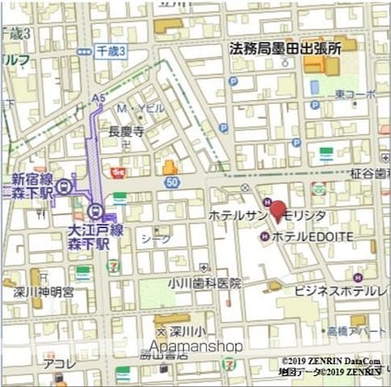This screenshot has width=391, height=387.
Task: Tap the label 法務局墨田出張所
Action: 284,48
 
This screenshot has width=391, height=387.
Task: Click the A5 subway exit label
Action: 98,96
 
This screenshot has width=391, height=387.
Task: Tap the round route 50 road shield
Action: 172,183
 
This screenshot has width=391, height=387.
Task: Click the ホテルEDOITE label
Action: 313,236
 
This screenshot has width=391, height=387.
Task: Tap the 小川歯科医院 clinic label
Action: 204,283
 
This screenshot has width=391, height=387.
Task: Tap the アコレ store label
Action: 56,363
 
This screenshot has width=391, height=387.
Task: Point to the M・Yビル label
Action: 141,108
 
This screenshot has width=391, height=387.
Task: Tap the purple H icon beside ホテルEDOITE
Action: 265,236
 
